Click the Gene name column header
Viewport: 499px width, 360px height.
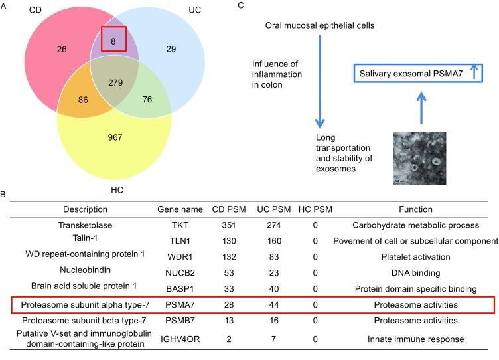click(175, 209)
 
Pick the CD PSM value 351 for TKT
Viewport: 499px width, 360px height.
click(227, 226)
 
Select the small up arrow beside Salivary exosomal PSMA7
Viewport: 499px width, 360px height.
click(474, 73)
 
